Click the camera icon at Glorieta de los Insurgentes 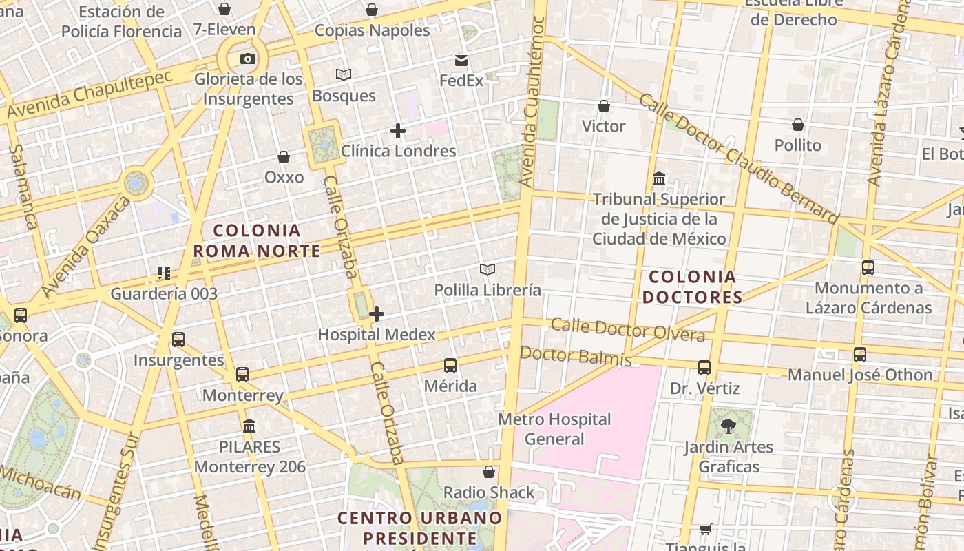click(x=248, y=59)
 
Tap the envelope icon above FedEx click(x=461, y=61)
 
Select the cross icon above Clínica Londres click(x=397, y=130)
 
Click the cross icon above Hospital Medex click(x=376, y=315)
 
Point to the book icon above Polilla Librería click(x=488, y=269)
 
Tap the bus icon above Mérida click(x=450, y=366)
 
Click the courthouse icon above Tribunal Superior click(x=659, y=179)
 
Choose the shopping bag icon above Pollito click(x=798, y=125)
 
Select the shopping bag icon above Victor click(x=604, y=106)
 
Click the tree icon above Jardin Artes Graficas click(x=729, y=427)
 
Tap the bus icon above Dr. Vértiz click(x=704, y=368)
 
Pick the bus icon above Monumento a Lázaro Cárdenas click(x=868, y=268)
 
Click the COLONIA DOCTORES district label click(x=695, y=287)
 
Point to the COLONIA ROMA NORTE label click(x=257, y=240)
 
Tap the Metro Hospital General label click(x=554, y=429)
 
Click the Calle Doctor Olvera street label click(x=628, y=330)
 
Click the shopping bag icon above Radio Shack click(x=489, y=472)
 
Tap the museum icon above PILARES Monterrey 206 click(x=249, y=426)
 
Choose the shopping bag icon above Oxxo click(x=284, y=158)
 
